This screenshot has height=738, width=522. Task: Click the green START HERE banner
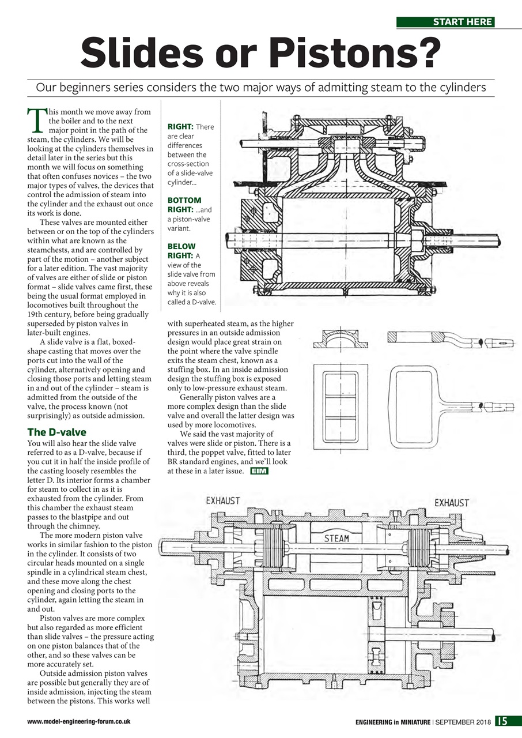pyautogui.click(x=445, y=22)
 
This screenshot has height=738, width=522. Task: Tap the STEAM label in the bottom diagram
pyautogui.click(x=337, y=538)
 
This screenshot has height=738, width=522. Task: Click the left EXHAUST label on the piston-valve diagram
pyautogui.click(x=223, y=501)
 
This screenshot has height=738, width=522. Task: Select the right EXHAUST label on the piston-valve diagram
pyautogui.click(x=452, y=503)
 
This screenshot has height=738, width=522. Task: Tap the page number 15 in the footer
pyautogui.click(x=501, y=721)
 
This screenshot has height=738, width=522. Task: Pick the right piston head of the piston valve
pyautogui.click(x=419, y=547)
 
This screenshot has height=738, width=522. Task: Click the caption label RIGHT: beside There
pyautogui.click(x=180, y=126)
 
